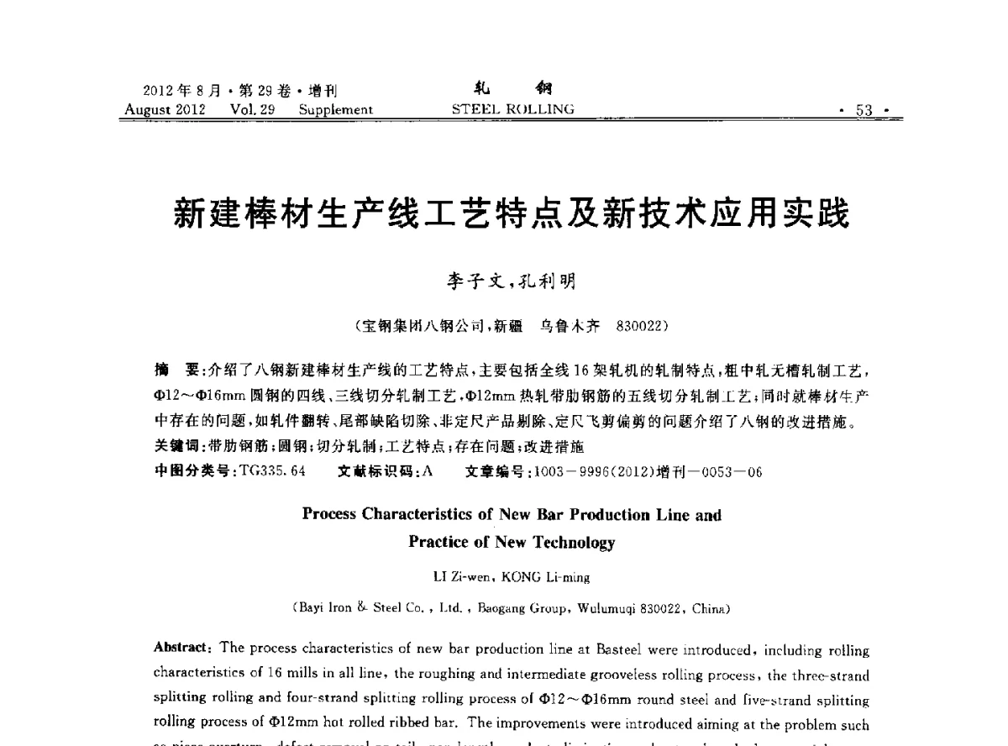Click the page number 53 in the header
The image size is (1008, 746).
(x=864, y=110)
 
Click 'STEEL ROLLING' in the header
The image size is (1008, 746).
(x=512, y=109)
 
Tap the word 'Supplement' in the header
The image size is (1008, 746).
(x=335, y=109)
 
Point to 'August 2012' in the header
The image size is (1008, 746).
(x=160, y=109)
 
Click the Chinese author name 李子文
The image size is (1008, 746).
(x=474, y=281)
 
